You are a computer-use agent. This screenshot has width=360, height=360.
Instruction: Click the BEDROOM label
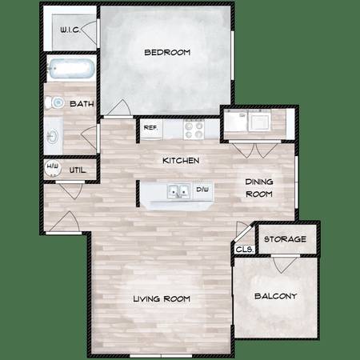(x=167, y=52)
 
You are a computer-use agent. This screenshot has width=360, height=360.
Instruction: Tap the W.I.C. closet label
(x=70, y=30)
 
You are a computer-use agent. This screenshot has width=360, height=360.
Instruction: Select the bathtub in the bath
(x=71, y=69)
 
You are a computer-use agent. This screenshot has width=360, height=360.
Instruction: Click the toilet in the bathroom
(x=54, y=102)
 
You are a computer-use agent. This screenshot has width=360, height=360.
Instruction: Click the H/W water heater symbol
(x=53, y=168)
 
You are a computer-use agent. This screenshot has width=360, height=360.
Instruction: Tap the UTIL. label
(x=78, y=170)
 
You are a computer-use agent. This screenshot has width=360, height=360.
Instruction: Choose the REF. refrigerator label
(x=150, y=128)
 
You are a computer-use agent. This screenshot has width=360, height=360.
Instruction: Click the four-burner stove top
(x=194, y=130)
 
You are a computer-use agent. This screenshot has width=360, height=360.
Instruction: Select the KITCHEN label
(x=181, y=161)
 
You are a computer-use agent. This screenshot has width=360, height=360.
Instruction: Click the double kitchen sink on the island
(x=178, y=191)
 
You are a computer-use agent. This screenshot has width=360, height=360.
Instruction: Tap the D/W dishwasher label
(x=202, y=190)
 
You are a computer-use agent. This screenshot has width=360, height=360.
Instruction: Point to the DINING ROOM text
(x=259, y=188)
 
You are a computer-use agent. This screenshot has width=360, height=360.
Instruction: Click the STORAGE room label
(x=285, y=239)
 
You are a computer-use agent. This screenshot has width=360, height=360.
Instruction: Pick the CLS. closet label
(x=244, y=250)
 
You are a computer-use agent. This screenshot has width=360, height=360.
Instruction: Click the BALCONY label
(x=276, y=296)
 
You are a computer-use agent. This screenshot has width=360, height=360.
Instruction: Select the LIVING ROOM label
(x=162, y=298)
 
